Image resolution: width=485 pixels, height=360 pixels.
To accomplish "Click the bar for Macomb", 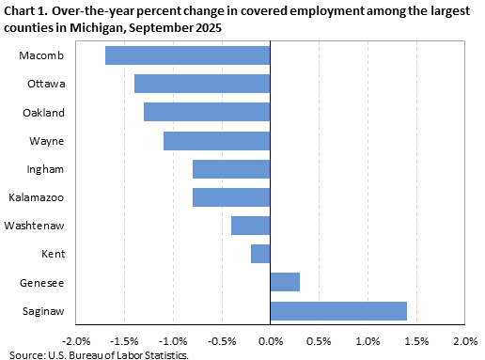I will tap(187, 55).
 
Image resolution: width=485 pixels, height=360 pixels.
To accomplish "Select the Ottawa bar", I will tap(202, 84).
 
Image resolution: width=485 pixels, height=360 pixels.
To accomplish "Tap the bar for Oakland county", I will tap(207, 113).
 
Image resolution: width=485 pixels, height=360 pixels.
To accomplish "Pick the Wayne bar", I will tap(216, 141).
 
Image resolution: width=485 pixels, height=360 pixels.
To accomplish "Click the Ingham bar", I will tap(231, 169).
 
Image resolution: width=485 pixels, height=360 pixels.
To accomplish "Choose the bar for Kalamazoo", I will tap(231, 197).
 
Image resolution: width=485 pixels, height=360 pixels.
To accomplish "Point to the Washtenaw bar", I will tap(251, 226).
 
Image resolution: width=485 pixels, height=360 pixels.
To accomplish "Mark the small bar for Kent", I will tap(260, 254).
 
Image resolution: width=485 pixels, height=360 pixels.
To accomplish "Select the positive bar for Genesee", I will tap(285, 282).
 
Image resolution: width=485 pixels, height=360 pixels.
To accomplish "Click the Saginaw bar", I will tap(338, 310).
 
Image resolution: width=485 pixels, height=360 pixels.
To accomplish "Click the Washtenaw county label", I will tap(35, 226).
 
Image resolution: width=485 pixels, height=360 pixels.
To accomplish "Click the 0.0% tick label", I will tap(270, 339).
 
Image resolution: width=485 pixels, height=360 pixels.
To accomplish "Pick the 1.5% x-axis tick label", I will tap(416, 339).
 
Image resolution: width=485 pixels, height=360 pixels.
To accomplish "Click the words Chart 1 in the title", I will tap(27, 10).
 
